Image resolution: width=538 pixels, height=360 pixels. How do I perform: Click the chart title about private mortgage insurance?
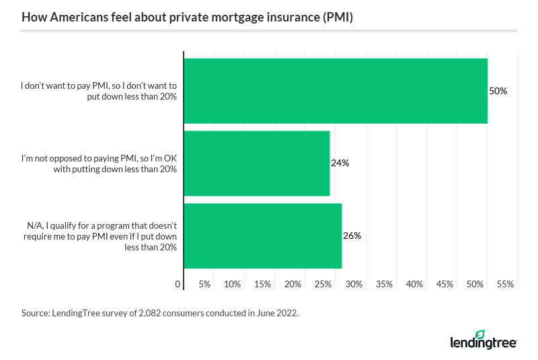coord(187,17)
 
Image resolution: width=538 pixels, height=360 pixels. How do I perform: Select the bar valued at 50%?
coord(335,91)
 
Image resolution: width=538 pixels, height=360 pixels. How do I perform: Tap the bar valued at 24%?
coord(256,163)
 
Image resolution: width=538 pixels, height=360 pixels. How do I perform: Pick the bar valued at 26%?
coord(262,236)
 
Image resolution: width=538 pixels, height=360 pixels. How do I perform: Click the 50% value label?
coord(498,91)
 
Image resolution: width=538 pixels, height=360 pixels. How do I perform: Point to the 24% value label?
coord(340,163)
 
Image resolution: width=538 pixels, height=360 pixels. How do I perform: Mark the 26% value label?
coord(352,236)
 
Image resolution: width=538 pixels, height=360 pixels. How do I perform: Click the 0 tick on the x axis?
coord(178,285)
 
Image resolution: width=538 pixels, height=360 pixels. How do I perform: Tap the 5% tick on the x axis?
coord(204,285)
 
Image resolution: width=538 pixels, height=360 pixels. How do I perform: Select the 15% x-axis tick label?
coord(263,285)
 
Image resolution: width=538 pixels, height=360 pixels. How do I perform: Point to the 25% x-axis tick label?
coord(323,285)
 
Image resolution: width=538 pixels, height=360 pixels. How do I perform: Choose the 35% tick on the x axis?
coord(384,285)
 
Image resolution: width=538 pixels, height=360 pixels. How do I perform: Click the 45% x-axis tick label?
coord(445,285)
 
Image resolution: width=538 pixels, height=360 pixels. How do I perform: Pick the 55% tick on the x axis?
coord(505,285)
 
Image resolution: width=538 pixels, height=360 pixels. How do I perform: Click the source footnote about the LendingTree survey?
coord(159,313)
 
